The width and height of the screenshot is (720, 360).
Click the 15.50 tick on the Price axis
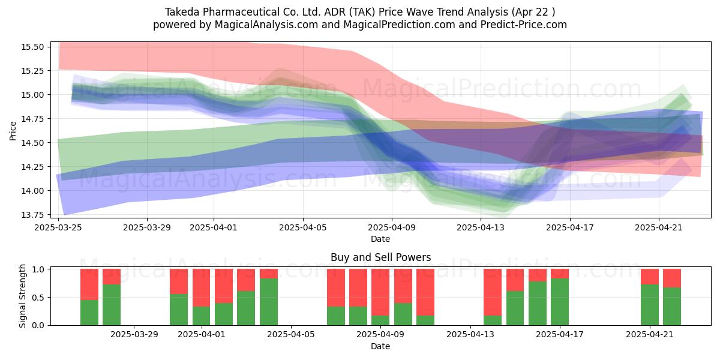click(32, 47)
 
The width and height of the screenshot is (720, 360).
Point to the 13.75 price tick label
click(32, 215)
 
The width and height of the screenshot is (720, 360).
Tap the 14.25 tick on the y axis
click(32, 167)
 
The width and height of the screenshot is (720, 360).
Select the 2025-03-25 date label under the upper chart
click(58, 227)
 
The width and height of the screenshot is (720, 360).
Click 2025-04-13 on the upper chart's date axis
click(481, 227)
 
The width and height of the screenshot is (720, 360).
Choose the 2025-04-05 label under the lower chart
click(291, 335)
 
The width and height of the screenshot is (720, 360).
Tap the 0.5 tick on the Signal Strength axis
click(38, 298)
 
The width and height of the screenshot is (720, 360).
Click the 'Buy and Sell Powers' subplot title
click(380, 257)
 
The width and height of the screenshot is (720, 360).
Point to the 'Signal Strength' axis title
click(22, 296)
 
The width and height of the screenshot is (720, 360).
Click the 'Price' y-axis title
click(13, 131)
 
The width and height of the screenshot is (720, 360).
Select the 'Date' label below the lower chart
click(380, 347)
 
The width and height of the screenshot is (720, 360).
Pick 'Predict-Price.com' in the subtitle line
click(524, 25)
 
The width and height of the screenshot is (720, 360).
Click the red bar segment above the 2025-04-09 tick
click(380, 292)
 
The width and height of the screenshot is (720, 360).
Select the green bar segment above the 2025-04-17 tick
click(560, 302)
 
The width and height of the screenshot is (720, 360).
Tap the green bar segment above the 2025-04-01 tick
click(201, 316)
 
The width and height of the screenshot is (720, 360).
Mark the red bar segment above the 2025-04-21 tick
click(650, 277)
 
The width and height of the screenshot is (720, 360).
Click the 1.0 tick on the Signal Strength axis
click(38, 269)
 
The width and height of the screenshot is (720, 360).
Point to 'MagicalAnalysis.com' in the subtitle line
click(266, 25)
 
